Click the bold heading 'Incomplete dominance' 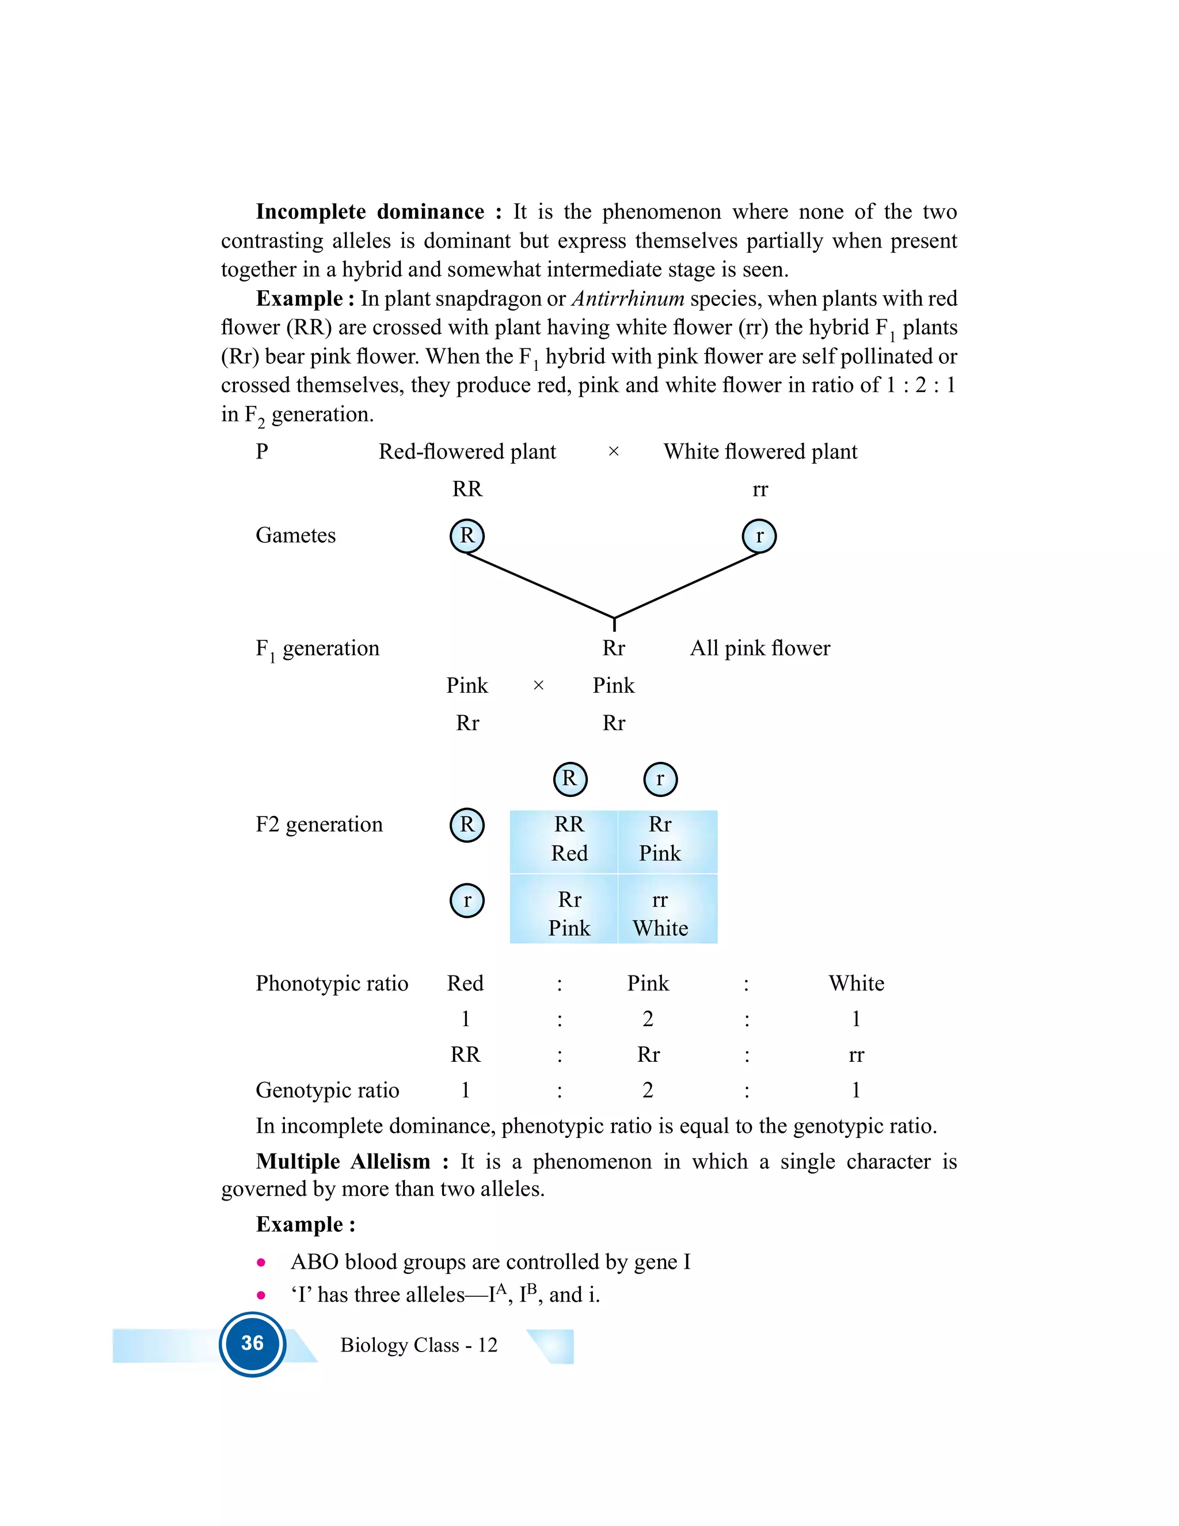point(370,212)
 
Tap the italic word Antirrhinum point(627,299)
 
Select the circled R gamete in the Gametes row point(466,536)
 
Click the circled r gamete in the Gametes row point(759,536)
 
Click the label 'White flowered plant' point(760,452)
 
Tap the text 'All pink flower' point(760,648)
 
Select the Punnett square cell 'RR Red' point(569,839)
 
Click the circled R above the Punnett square point(569,779)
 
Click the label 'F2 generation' point(319,825)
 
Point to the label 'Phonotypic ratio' point(332,984)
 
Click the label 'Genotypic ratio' point(327,1090)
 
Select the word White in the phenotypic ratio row point(856,984)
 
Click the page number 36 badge point(252,1343)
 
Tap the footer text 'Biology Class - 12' point(419,1345)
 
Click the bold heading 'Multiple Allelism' point(343,1161)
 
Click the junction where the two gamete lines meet point(614,618)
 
